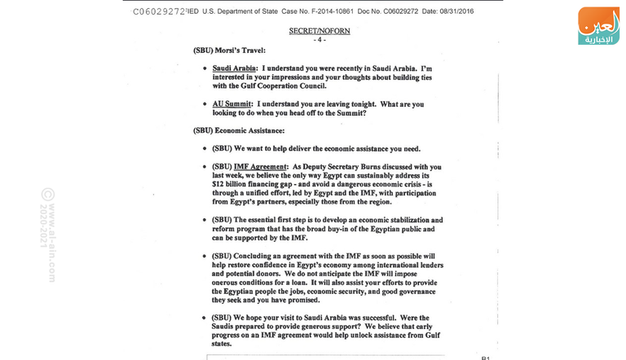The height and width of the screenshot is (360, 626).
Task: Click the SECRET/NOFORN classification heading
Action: point(319,30)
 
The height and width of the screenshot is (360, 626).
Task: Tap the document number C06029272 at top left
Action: point(159,11)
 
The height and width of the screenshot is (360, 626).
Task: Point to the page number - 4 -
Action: point(319,39)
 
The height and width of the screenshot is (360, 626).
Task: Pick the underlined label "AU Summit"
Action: point(231,103)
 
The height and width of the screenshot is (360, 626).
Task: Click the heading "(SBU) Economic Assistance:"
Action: point(239,130)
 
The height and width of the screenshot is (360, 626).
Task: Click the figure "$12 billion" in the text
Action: point(231,184)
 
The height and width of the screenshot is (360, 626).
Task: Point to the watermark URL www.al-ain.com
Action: point(52,241)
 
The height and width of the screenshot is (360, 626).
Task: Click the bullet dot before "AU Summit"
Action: point(204,103)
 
